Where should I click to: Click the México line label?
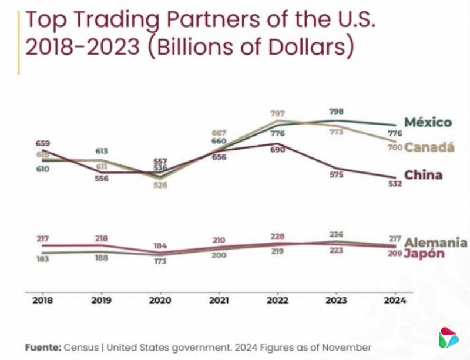tap(428, 123)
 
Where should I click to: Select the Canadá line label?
tap(429, 147)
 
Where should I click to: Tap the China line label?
tap(423, 175)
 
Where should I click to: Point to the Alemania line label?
tap(435, 243)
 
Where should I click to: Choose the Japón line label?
tap(424, 254)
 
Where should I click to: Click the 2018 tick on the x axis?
tap(42, 300)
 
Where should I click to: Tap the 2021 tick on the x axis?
tap(219, 300)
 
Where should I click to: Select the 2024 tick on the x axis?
tap(395, 300)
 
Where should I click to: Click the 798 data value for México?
tap(336, 111)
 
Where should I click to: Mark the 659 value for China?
tap(42, 143)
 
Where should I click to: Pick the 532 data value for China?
tap(395, 184)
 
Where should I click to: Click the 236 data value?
tap(336, 234)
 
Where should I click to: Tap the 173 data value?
tap(160, 260)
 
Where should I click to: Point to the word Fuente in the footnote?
tap(43, 347)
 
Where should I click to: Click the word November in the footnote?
tap(350, 347)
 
